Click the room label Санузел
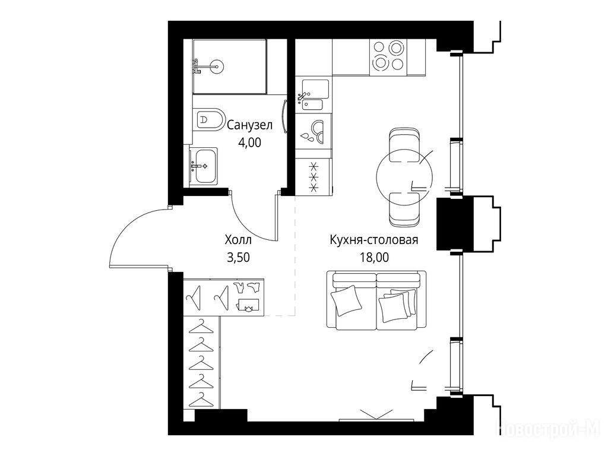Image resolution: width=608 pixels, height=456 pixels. [250, 125]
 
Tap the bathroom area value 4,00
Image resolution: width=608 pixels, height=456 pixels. [249, 142]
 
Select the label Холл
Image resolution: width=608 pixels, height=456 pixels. [238, 240]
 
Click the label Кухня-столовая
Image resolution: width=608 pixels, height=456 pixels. [374, 240]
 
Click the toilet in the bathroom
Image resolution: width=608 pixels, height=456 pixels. [210, 119]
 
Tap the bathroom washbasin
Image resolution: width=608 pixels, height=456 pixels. [204, 166]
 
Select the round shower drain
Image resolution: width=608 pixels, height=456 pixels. [217, 66]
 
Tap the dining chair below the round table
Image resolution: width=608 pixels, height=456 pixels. [404, 210]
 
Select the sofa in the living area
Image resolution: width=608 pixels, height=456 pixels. [376, 300]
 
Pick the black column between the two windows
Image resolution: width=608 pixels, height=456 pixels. [455, 224]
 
